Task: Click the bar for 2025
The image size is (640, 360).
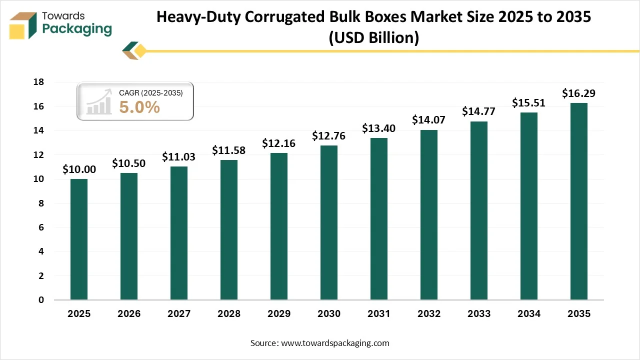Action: pos(79,239)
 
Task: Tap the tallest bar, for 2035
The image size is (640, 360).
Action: pos(579,201)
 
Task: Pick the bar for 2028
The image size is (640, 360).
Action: pos(229,230)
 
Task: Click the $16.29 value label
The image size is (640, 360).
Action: pos(578,93)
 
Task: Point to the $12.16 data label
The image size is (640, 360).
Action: pos(278,143)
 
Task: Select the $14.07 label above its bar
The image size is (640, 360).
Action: pos(428,120)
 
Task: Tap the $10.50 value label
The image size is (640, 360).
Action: pos(128,163)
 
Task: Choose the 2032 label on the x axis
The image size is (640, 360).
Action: pos(428,314)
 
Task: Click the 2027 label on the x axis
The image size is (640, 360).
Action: pos(178,314)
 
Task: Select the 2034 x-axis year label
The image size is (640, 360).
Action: pos(528,314)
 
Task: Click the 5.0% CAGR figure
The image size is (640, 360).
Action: pos(139,107)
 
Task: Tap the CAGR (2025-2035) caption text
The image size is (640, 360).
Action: pos(150,93)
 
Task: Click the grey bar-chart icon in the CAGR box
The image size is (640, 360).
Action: pos(98,102)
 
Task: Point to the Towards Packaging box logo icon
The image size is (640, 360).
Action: pos(23,25)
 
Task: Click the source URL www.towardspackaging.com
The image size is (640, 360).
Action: pos(334,343)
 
